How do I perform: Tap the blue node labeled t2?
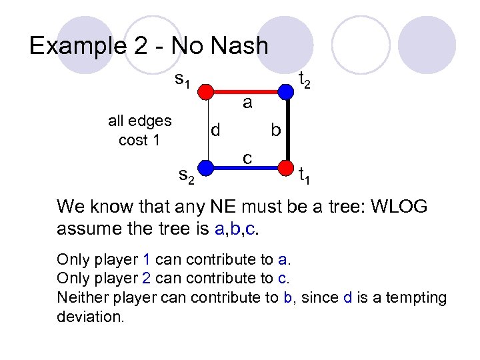coord(285,91)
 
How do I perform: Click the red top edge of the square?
coord(246,91)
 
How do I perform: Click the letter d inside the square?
coord(215,129)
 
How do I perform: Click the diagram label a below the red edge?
coord(247,103)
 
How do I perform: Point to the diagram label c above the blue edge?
coord(247,157)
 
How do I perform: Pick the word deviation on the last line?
coord(91,316)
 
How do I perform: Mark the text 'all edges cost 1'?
coord(139,130)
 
